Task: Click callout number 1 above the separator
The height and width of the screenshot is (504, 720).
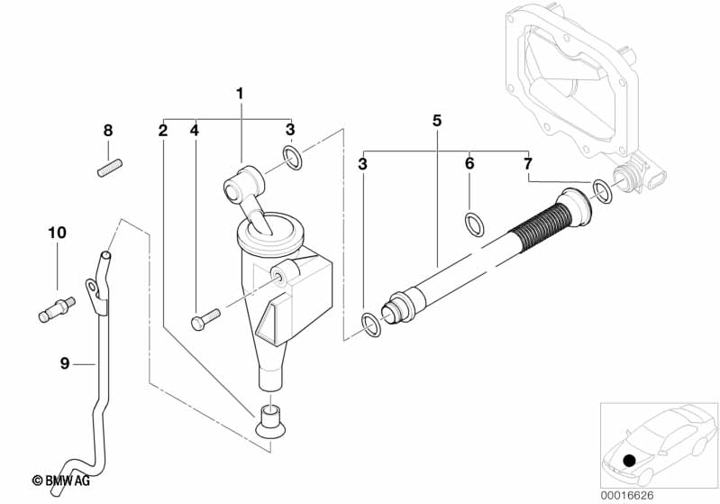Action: point(239,94)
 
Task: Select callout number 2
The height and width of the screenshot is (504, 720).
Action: point(163,131)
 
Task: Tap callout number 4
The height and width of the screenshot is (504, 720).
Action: point(195,131)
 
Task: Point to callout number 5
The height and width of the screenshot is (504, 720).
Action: point(437,121)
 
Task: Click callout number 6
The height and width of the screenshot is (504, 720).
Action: point(469,163)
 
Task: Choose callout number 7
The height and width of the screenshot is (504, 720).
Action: point(527,163)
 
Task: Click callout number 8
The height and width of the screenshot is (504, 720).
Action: point(108,131)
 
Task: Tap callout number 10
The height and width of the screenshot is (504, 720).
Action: point(58,233)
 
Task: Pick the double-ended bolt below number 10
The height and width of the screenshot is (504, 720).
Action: point(56,309)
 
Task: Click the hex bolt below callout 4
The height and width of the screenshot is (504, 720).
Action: point(205,319)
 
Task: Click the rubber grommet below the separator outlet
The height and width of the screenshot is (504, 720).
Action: point(270,422)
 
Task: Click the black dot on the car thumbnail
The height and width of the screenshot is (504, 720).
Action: point(629,460)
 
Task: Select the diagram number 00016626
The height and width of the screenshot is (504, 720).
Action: point(627,495)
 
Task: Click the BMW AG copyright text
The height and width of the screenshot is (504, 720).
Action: point(61,481)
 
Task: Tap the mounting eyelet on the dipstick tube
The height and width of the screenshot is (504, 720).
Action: point(93,289)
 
